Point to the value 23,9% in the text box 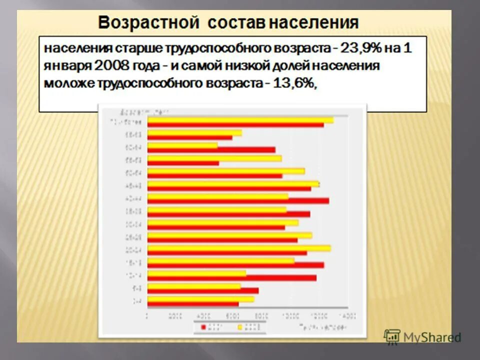(x=361, y=49)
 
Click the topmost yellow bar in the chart (x=240, y=120)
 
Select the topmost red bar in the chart (x=235, y=125)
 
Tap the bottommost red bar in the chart (x=193, y=304)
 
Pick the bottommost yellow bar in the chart (x=200, y=299)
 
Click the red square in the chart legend (x=203, y=327)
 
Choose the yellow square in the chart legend (x=239, y=327)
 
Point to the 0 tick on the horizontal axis (x=147, y=315)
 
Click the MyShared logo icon (x=392, y=336)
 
